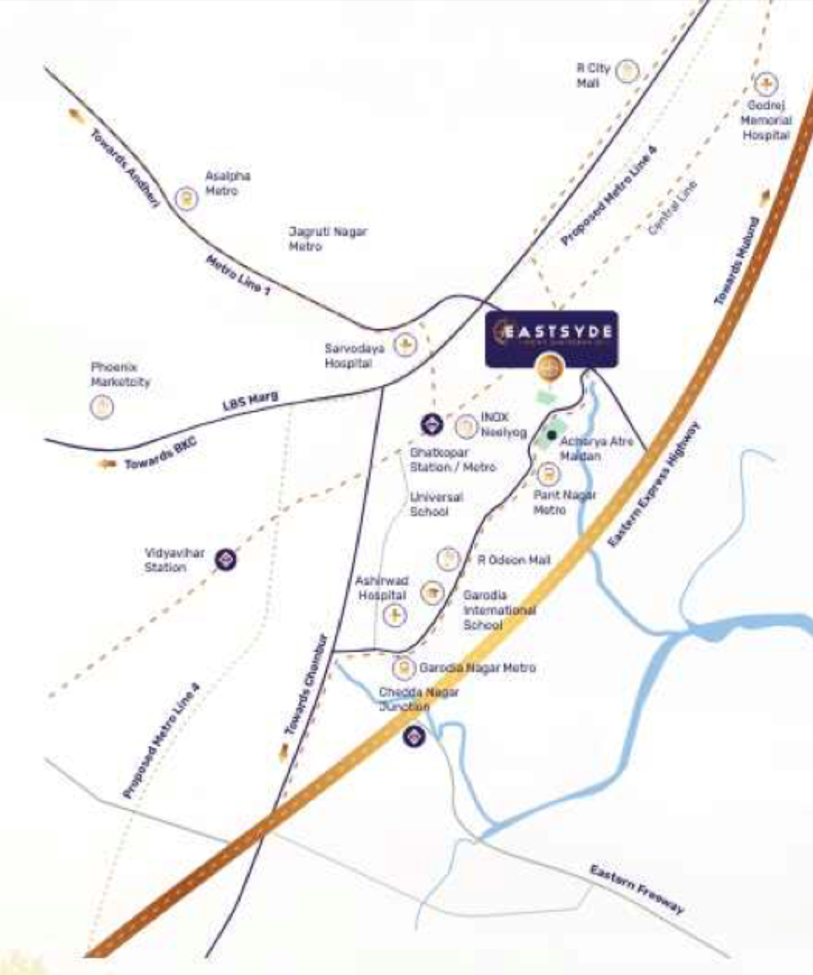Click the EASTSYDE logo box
[550, 338]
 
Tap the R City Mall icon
[628, 71]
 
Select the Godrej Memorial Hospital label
[767, 120]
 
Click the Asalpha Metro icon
[187, 198]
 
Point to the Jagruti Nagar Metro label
[328, 238]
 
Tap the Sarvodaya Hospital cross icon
[404, 346]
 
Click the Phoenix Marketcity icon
[102, 406]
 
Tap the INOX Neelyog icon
[466, 426]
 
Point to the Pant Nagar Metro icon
[548, 474]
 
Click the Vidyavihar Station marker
[226, 561]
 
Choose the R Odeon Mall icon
[448, 560]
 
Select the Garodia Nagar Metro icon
[402, 668]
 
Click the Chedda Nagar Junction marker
[414, 736]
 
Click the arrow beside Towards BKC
[107, 464]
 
